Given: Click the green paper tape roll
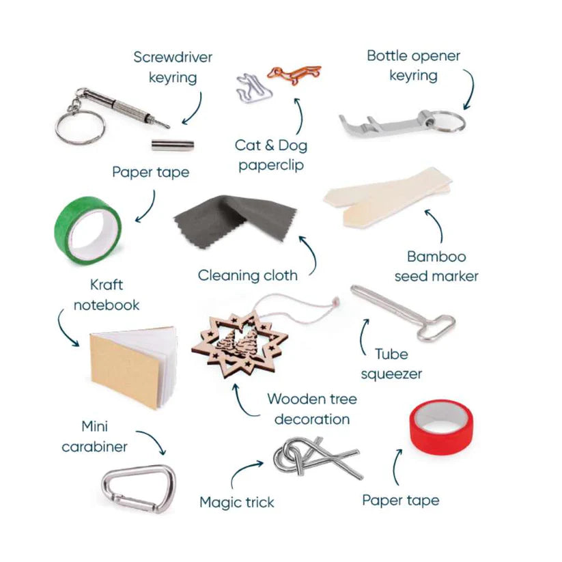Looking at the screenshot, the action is tap(88, 230).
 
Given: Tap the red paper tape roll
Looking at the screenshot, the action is tap(441, 427).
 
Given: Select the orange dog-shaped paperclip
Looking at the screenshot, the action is tap(294, 74).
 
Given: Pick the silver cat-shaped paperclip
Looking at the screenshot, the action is tap(254, 89).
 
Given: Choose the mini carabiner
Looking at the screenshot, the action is tap(139, 488).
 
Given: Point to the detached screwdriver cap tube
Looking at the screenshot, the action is tap(172, 145).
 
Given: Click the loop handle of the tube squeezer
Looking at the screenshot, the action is tap(436, 328).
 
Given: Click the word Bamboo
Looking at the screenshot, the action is tap(436, 257).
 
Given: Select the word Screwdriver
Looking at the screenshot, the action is tap(173, 57).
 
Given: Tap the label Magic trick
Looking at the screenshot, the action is tap(236, 502).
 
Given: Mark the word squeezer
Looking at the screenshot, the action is tap(391, 374).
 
